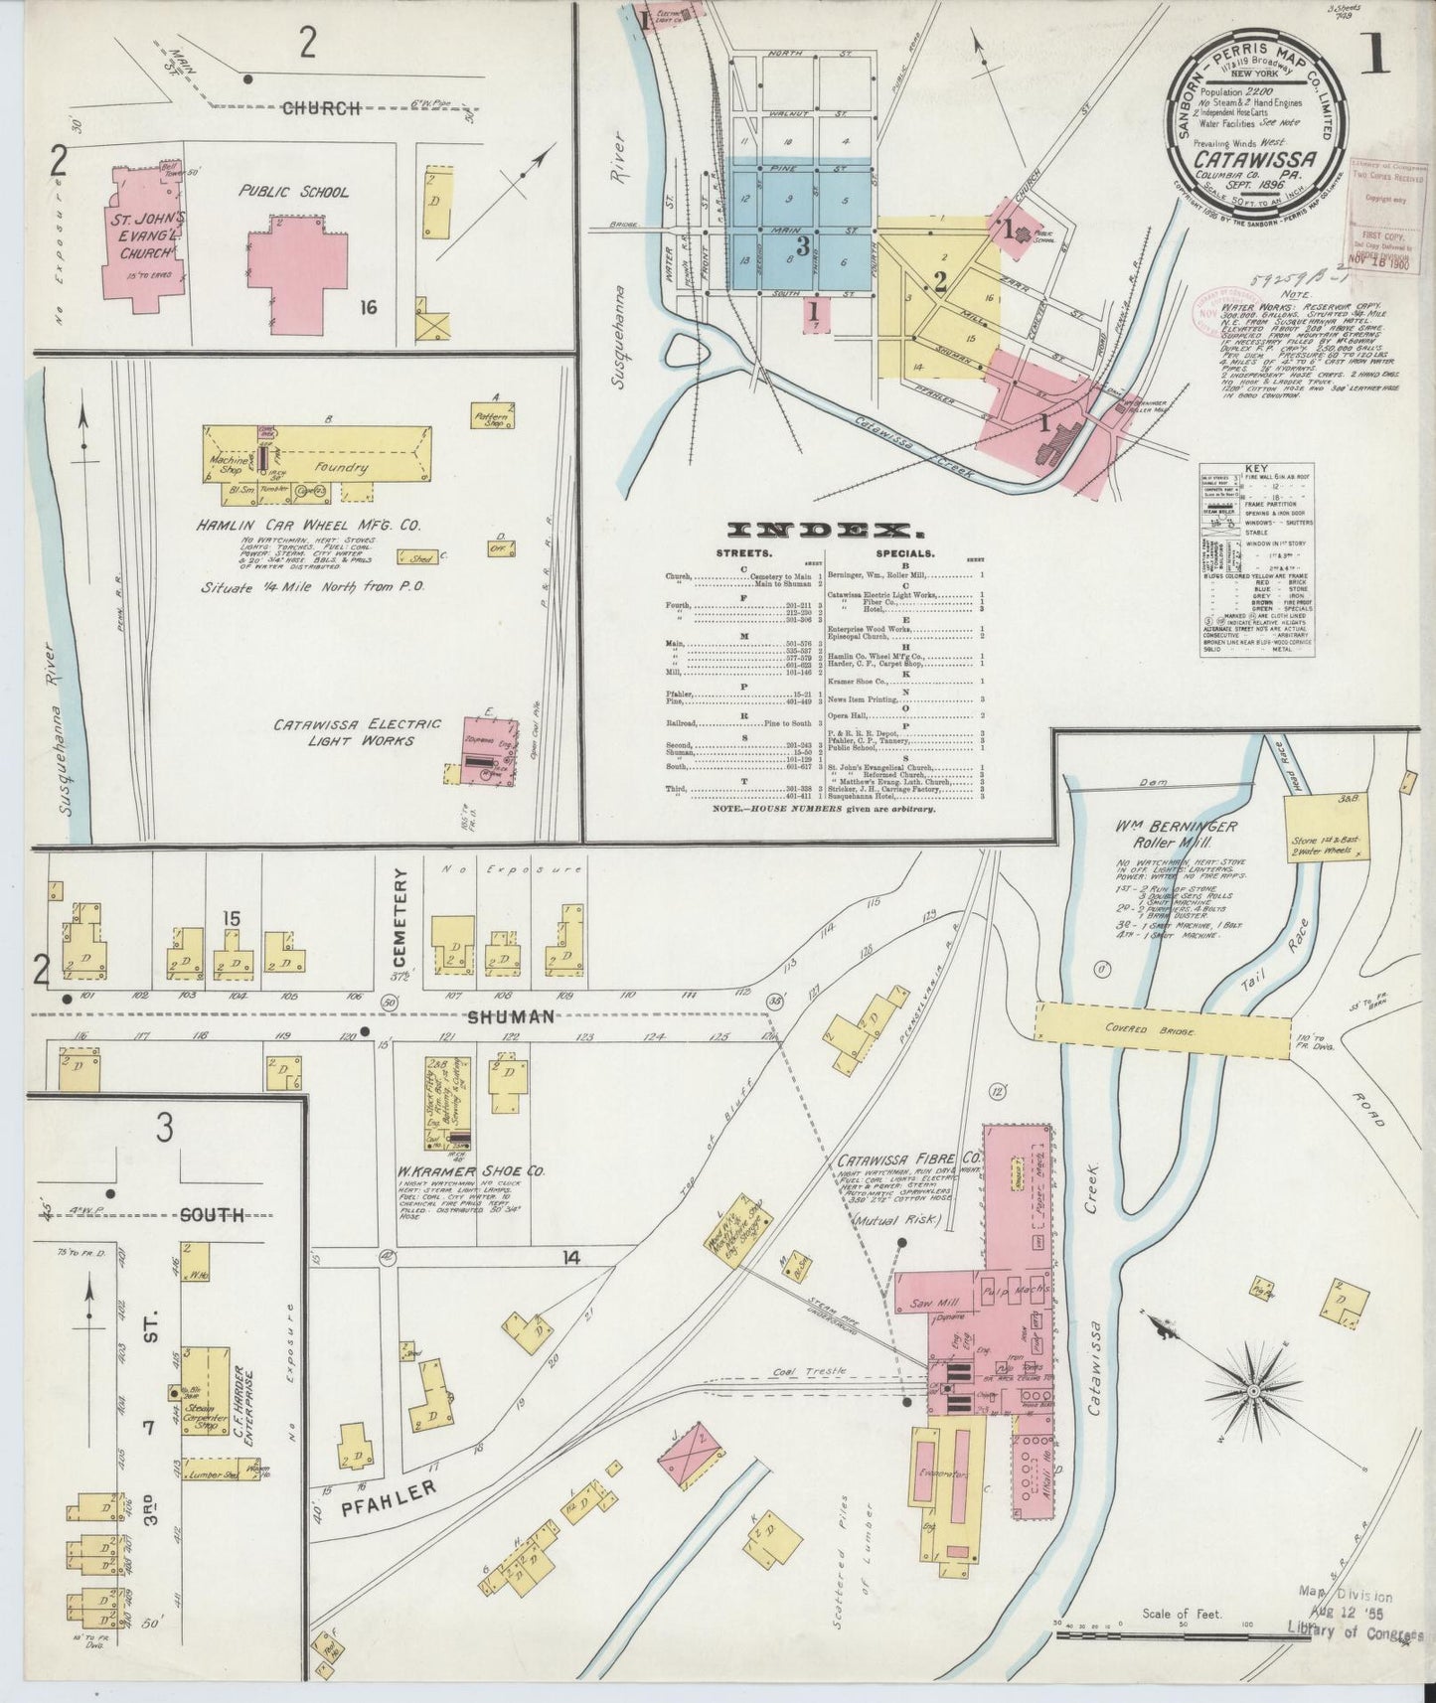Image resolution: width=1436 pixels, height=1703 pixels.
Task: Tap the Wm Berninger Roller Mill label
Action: pyautogui.click(x=1175, y=835)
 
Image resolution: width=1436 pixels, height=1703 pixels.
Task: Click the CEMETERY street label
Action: pyautogui.click(x=400, y=914)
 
